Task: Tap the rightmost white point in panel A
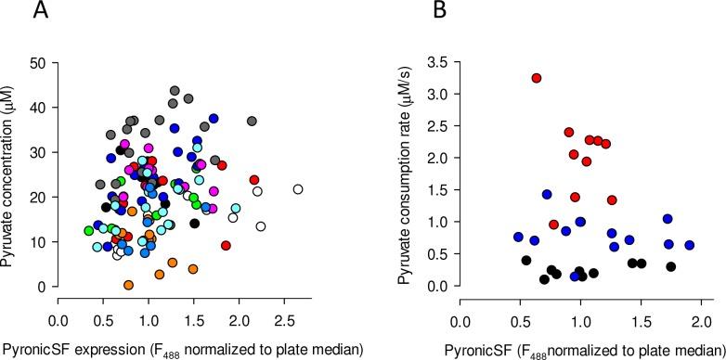(x=298, y=189)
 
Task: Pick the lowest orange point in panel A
(x=128, y=285)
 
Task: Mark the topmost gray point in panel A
(x=175, y=91)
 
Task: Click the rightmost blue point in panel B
(x=689, y=246)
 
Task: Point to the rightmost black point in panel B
(x=670, y=266)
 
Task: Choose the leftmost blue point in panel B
(x=518, y=237)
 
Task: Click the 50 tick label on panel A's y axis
(x=36, y=62)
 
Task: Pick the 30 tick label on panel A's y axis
(x=36, y=152)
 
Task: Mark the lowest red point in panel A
(x=226, y=246)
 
